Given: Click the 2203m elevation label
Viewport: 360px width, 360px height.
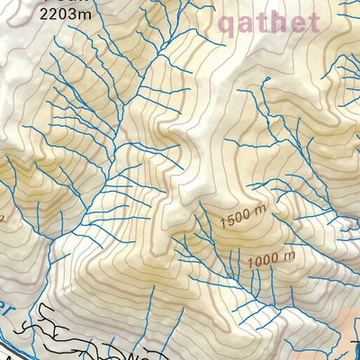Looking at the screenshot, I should pos(40,15).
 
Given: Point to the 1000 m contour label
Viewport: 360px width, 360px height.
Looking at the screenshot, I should pos(269,261).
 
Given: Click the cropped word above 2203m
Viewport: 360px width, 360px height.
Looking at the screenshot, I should pos(40,3).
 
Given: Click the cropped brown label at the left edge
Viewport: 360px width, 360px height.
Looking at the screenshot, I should pos(3,216).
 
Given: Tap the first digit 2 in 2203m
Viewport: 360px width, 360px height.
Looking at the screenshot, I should pos(18,15).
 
